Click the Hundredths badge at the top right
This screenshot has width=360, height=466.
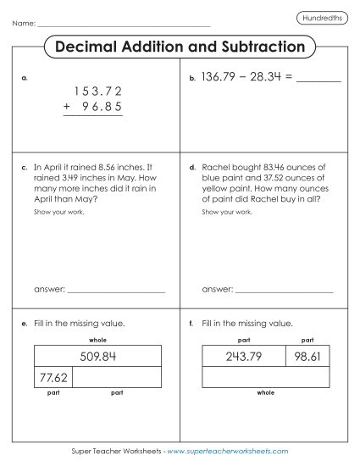pos(322,18)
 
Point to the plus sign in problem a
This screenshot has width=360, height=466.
pos(66,107)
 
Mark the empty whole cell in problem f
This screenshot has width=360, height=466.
pos(265,377)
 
